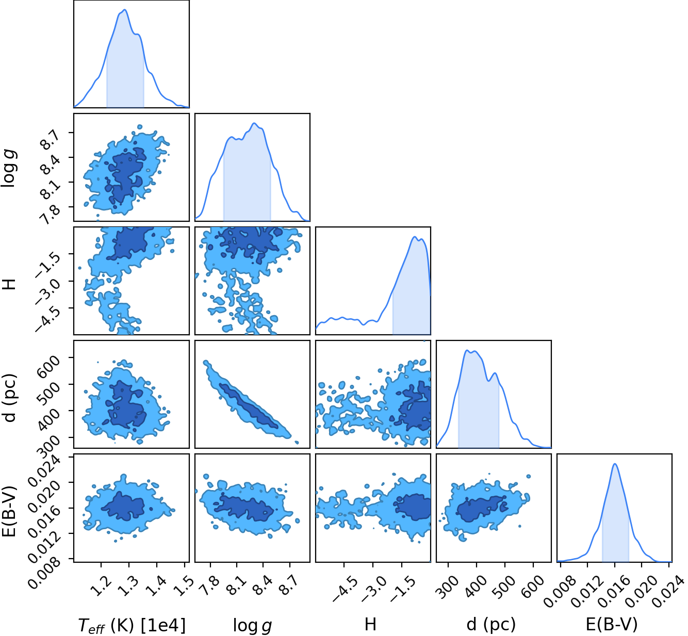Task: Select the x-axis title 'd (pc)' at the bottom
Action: pyautogui.click(x=491, y=624)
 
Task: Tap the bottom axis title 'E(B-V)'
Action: pyautogui.click(x=612, y=624)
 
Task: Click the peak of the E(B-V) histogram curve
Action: pyautogui.click(x=615, y=464)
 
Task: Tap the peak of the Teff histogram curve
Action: pyautogui.click(x=125, y=10)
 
